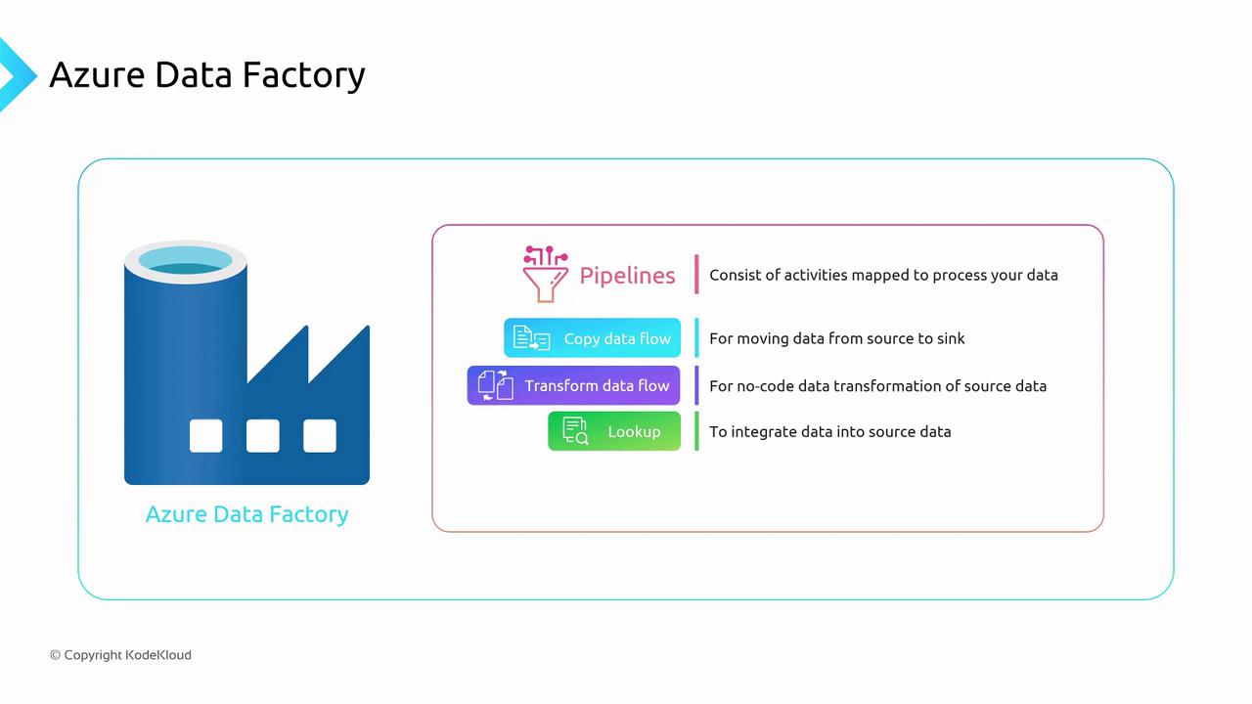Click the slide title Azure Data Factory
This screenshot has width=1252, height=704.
(207, 75)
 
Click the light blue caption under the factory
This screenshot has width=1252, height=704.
(246, 514)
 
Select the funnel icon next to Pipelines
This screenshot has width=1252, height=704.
(545, 274)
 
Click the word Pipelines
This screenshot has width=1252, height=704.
(627, 276)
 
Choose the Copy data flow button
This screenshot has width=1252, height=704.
(593, 338)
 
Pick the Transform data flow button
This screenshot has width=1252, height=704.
(573, 385)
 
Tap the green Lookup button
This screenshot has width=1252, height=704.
(614, 431)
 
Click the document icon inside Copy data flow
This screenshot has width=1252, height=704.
(531, 338)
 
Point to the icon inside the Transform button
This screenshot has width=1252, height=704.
(496, 385)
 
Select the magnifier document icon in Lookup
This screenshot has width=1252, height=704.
(575, 431)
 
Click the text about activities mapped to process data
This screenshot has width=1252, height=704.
(883, 275)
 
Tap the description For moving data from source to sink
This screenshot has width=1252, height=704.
(837, 338)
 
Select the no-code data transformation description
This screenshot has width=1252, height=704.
(877, 385)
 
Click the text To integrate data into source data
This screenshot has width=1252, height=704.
(829, 431)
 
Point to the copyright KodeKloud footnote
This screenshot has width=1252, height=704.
(120, 655)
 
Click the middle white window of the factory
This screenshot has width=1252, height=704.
(262, 436)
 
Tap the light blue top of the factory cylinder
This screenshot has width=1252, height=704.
(185, 261)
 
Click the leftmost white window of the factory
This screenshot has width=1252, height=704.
(205, 436)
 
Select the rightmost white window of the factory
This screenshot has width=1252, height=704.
(320, 436)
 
